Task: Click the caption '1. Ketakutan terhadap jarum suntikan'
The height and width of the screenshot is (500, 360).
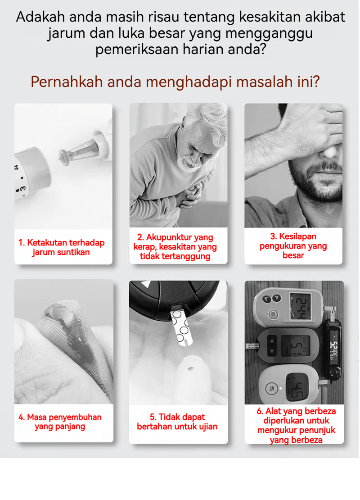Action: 61,247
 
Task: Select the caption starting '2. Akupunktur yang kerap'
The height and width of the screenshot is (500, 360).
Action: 175,246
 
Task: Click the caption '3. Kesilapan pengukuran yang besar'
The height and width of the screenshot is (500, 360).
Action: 293,246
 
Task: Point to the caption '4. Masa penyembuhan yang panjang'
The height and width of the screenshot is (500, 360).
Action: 60,422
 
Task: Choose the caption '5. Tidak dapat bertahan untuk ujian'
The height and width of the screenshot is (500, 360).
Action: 177,422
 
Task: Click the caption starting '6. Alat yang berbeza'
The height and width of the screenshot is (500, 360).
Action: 296,425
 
